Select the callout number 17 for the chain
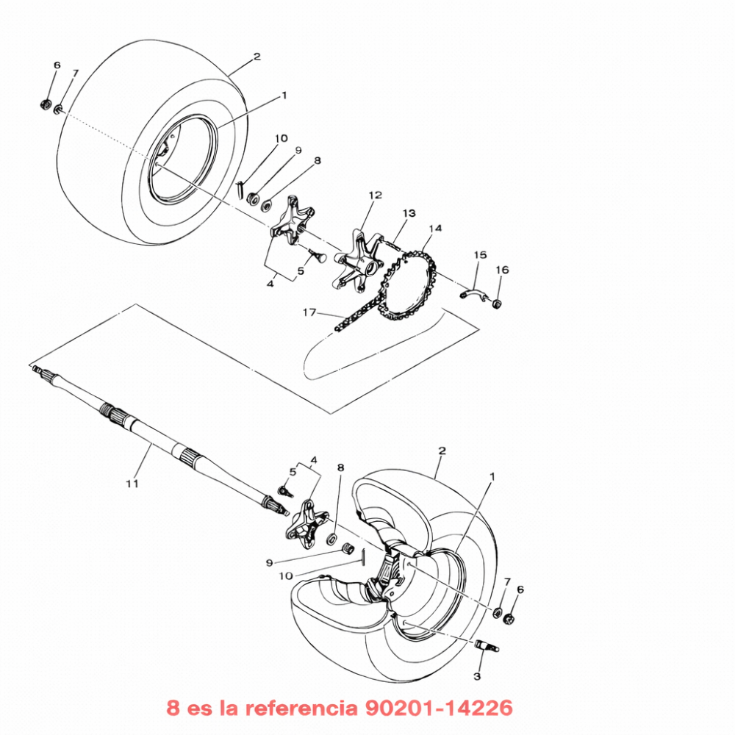click(x=309, y=312)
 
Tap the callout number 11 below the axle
click(x=132, y=483)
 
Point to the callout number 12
click(x=376, y=195)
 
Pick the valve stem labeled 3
click(x=487, y=646)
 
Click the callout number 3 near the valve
click(x=477, y=676)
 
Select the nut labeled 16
click(x=497, y=303)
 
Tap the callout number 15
click(x=481, y=255)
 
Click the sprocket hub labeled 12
click(x=359, y=260)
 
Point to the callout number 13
click(x=409, y=213)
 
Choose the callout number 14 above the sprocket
click(x=435, y=229)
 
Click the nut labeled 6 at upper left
click(x=46, y=104)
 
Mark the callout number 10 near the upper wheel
click(x=282, y=138)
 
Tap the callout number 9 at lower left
click(x=269, y=562)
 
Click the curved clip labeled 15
click(x=473, y=295)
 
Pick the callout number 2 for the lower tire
click(x=442, y=451)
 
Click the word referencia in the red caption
click(x=300, y=707)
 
